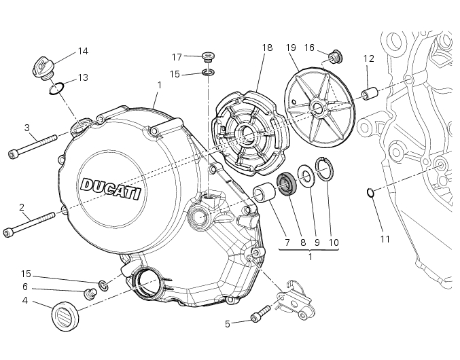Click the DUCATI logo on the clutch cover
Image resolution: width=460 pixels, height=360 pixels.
tap(110, 187)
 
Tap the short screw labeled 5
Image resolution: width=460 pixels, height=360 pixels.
tap(259, 315)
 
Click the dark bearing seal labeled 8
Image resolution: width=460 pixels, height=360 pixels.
tap(286, 183)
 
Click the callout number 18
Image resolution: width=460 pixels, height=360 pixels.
tap(267, 48)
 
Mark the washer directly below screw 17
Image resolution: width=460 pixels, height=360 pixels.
tap(209, 73)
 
